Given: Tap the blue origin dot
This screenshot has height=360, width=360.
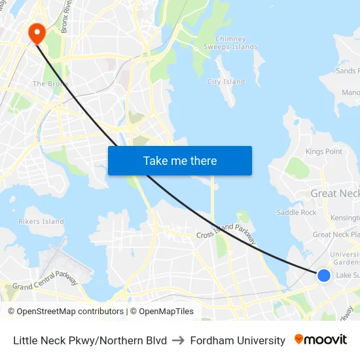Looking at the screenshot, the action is pyautogui.click(x=323, y=275).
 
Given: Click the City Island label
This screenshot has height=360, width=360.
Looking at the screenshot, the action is pyautogui.click(x=226, y=82).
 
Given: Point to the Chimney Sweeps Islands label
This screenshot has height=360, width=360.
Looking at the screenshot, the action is pyautogui.click(x=230, y=43).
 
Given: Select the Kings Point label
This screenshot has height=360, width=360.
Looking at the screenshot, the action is pyautogui.click(x=324, y=152).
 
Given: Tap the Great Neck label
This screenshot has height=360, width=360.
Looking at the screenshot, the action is pyautogui.click(x=334, y=194).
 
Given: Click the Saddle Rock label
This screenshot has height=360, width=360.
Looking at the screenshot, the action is pyautogui.click(x=297, y=213).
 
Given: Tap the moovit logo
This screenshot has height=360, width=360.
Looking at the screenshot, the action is pyautogui.click(x=321, y=340).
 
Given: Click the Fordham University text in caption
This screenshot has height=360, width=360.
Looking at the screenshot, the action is pyautogui.click(x=238, y=340).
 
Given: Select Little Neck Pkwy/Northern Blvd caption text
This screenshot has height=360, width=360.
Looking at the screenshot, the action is pyautogui.click(x=90, y=340).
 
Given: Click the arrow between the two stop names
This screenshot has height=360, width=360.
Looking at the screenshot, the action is pyautogui.click(x=178, y=340).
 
